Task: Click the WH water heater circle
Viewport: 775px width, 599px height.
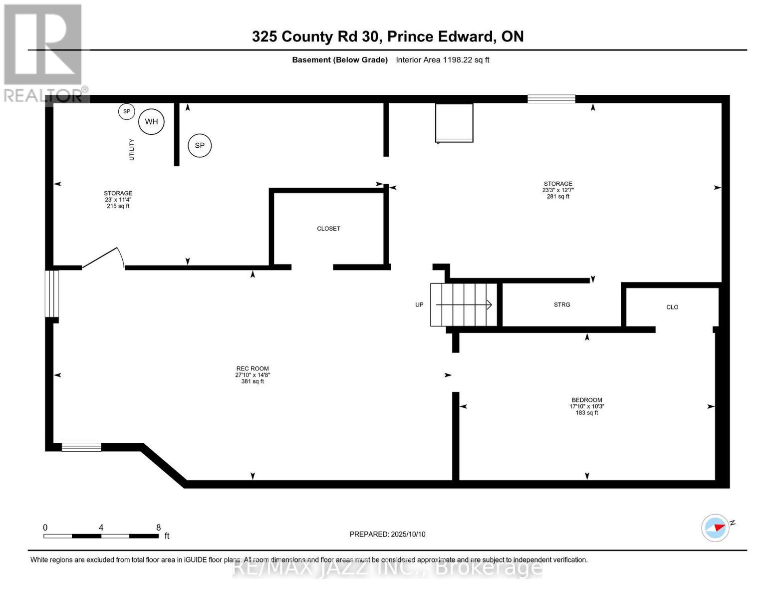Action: [151, 121]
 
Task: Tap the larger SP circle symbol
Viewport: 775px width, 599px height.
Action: [200, 145]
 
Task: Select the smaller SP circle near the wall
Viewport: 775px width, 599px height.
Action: [127, 111]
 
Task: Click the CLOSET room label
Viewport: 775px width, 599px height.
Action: [328, 229]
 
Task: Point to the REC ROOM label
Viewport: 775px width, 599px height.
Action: [253, 369]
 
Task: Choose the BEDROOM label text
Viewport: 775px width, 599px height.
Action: [587, 400]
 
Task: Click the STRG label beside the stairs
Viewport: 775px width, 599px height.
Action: [562, 304]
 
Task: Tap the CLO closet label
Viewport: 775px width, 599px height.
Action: [672, 307]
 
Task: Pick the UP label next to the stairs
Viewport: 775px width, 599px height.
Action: [419, 304]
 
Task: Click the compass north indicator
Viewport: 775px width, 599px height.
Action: [717, 528]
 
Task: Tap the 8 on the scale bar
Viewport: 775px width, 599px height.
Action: [159, 528]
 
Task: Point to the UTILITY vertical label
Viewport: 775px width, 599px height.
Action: [132, 149]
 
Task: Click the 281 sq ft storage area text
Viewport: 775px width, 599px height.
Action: [558, 197]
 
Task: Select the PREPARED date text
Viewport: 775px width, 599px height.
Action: [387, 534]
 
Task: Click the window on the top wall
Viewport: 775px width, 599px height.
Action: [551, 99]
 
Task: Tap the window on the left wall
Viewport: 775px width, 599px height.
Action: [52, 294]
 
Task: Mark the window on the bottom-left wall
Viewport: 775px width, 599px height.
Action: [81, 447]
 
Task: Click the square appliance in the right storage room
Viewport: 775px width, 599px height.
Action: [454, 123]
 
